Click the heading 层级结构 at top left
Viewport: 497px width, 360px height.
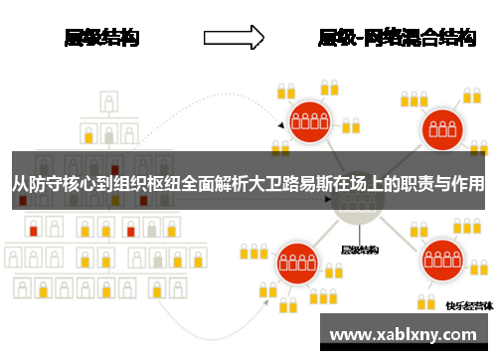tap(101, 39)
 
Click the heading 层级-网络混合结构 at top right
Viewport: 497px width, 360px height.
tap(397, 39)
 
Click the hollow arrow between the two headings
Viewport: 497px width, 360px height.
tap(234, 39)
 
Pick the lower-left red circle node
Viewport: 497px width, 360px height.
tap(296, 264)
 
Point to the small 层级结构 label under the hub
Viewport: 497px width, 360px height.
tap(360, 250)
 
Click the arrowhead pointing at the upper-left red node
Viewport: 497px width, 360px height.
tap(281, 127)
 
